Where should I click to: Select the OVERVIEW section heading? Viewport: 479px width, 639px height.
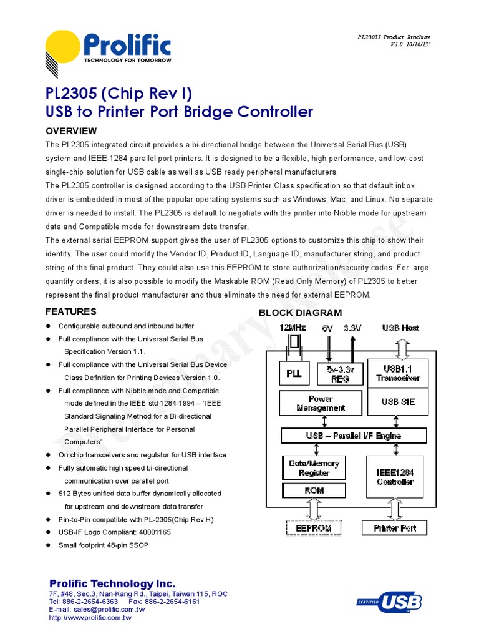72,131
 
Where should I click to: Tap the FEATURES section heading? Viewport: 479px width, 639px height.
71,311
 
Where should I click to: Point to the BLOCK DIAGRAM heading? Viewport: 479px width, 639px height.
300,313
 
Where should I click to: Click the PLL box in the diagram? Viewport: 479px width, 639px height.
293,374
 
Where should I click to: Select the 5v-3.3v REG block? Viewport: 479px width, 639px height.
341,373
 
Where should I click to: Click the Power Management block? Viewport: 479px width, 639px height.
321,403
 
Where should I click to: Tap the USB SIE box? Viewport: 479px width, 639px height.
397,402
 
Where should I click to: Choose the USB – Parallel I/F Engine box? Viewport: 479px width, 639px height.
353,436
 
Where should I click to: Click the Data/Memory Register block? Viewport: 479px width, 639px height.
314,468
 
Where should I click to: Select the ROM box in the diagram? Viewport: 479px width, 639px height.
314,490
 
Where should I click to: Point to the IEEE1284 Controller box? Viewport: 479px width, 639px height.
395,477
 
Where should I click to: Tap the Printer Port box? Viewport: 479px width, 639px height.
394,528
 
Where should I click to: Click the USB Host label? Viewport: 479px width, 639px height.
400,328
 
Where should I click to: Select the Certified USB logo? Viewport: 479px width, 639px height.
389,602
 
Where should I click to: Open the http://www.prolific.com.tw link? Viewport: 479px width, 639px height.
90,618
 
